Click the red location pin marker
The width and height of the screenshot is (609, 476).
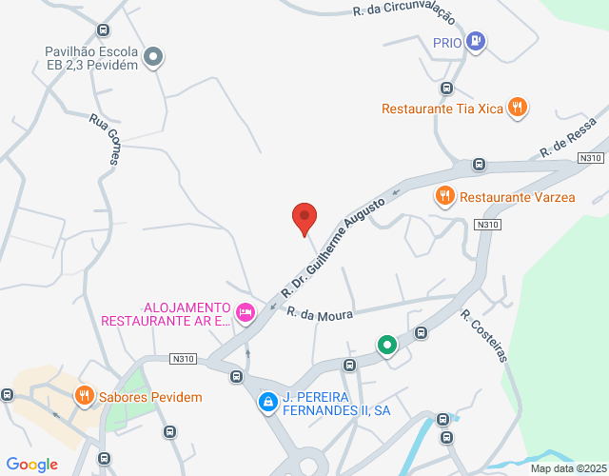point(304,218)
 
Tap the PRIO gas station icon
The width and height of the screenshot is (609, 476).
point(477,41)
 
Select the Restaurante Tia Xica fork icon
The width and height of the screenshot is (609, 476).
point(517,108)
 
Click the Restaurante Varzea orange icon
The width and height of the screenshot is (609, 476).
point(444,197)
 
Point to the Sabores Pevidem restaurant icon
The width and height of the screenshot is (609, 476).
point(84,396)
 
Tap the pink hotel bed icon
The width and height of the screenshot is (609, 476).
point(246,311)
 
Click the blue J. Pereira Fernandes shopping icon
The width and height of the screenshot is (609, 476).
point(268,403)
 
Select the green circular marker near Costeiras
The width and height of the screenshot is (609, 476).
point(386,345)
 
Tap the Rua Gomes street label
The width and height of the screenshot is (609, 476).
point(104,139)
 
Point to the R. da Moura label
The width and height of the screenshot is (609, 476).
point(321,313)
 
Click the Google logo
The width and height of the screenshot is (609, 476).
point(31,465)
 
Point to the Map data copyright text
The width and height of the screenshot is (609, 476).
point(567,468)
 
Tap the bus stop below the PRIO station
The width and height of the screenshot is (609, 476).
point(444,89)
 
